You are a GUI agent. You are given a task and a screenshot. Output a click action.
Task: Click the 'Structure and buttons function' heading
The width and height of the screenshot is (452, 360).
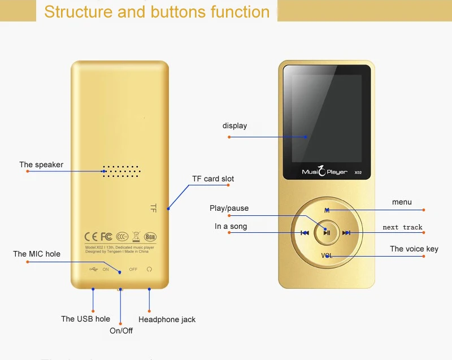tap(157, 12)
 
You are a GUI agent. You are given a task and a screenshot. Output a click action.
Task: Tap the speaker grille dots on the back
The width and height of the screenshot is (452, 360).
tap(121, 172)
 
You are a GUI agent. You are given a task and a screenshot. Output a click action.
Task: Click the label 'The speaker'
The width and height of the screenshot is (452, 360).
tap(41, 164)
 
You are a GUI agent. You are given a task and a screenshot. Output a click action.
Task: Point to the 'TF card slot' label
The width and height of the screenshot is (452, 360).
tap(213, 179)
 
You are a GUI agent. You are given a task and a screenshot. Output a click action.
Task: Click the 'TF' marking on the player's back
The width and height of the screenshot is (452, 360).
tap(153, 208)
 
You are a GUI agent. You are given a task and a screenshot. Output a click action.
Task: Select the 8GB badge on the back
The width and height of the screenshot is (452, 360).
tap(150, 236)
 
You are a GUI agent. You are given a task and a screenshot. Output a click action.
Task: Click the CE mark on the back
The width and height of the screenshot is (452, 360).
tap(91, 236)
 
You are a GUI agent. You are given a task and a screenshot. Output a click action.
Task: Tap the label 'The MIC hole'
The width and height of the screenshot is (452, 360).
tap(37, 254)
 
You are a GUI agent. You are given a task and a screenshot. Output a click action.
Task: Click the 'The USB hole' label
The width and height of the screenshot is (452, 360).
tap(86, 319)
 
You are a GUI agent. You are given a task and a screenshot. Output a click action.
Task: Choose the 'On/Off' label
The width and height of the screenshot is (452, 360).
tap(121, 331)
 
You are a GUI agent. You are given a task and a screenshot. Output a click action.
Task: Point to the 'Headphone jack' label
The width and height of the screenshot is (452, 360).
tap(167, 319)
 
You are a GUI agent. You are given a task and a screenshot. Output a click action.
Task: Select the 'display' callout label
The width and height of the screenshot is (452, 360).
tap(234, 125)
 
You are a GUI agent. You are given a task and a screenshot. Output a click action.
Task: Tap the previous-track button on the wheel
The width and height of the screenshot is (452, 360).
tap(305, 233)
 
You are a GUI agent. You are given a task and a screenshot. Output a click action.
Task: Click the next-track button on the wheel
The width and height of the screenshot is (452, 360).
tap(346, 233)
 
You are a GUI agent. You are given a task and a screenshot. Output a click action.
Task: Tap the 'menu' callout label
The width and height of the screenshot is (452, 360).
tap(402, 202)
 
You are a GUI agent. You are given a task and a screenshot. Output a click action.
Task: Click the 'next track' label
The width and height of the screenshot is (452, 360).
tap(402, 227)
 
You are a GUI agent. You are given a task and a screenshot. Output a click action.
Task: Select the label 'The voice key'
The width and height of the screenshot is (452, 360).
tap(414, 249)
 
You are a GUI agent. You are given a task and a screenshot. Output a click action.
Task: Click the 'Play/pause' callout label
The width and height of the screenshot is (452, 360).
tap(229, 208)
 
